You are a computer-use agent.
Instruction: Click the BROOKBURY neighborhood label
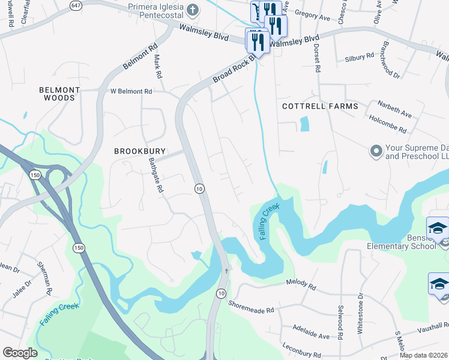tap(140, 152)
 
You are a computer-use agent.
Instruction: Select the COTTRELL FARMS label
tap(320, 106)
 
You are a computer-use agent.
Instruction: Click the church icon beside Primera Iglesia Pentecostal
tap(192, 9)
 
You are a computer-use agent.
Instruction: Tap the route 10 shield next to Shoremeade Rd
tap(221, 293)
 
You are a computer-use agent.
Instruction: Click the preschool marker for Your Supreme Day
tap(376, 150)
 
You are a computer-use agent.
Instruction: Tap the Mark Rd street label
tap(158, 67)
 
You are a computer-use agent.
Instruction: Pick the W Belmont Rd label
tap(131, 91)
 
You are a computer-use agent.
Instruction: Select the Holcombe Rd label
tap(388, 125)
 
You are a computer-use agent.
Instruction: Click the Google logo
tap(20, 353)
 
